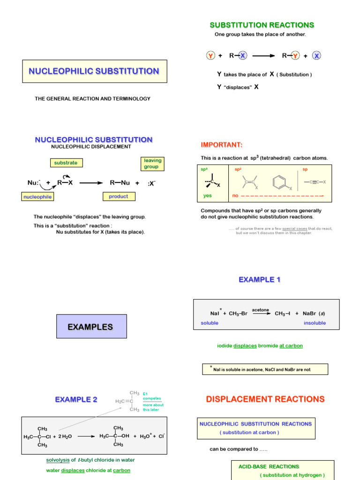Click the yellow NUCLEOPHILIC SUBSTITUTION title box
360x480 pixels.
[94, 71]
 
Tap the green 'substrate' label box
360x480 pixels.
[66, 163]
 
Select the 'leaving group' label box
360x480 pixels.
[152, 164]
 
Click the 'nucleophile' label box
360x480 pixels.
[37, 197]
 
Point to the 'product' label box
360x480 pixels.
[118, 196]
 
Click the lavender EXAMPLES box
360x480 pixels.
[91, 327]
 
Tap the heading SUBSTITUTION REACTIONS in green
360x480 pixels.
[262, 25]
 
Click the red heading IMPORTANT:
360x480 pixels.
[222, 144]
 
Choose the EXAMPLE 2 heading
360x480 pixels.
[76, 399]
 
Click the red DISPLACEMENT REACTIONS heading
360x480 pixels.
[265, 399]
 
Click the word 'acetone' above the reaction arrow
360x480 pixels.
[260, 310]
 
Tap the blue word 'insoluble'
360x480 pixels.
[315, 323]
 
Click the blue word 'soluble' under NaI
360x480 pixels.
[209, 323]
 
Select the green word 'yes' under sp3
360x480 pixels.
[207, 195]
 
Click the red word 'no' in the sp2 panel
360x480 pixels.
[235, 195]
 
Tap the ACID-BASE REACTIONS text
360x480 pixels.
[269, 466]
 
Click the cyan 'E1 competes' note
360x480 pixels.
[151, 396]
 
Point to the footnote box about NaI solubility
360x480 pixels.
[265, 369]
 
